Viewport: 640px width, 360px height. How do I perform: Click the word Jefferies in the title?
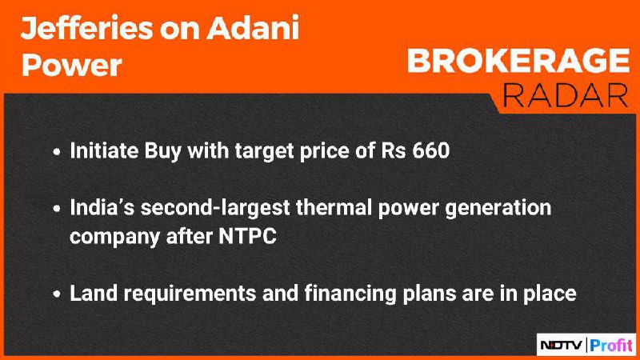coord(86,28)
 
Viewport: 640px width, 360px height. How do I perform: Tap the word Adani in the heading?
coord(253,28)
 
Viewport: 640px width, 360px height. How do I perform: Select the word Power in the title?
coord(71,66)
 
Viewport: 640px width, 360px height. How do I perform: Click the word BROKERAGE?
coord(518,61)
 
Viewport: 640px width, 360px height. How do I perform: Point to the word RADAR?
coord(566,95)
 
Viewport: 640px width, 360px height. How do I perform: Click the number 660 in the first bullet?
coord(431,150)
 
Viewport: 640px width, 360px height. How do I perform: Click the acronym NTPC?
coord(248,236)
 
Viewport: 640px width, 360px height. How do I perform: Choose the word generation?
coord(498,208)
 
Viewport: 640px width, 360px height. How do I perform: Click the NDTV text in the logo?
coord(562,346)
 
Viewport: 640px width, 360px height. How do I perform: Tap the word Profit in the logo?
coord(610,346)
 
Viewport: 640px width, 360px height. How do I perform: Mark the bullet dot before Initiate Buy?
coord(57,152)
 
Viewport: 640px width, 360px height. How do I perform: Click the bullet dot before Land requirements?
coord(57,294)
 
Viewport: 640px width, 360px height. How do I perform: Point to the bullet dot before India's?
coord(57,209)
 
